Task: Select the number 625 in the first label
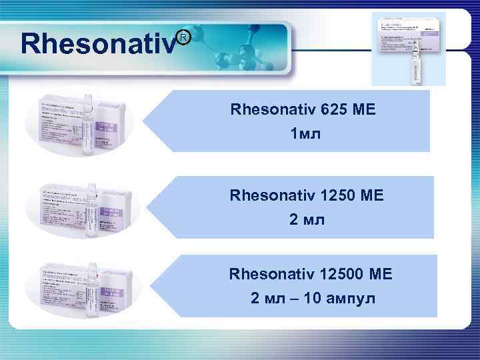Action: coord(338,109)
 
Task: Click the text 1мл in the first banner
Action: coord(305,134)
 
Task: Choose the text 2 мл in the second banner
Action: coord(307,219)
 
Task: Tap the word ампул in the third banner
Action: coord(351,298)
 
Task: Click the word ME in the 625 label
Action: coord(365,109)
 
